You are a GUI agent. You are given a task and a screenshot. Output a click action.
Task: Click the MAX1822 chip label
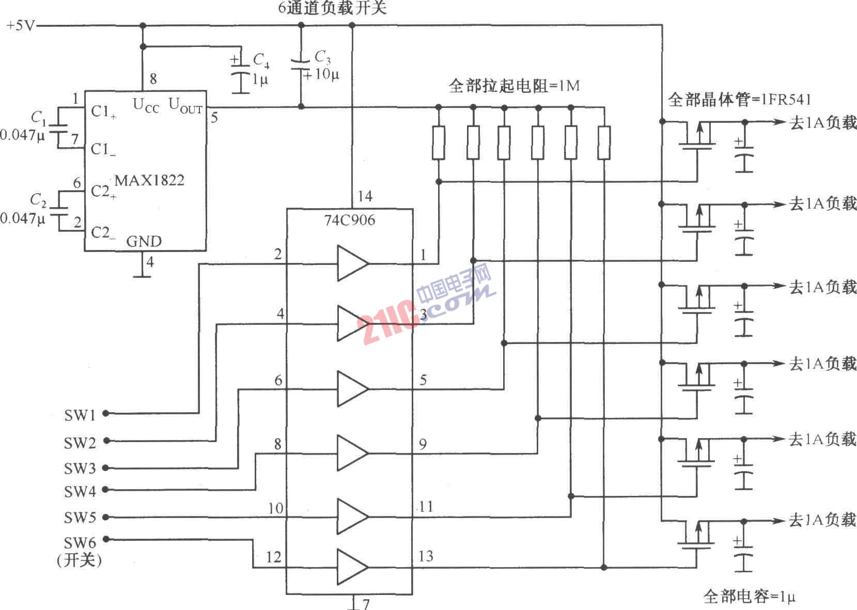[149, 180]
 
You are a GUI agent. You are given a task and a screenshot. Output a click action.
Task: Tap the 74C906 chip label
[350, 220]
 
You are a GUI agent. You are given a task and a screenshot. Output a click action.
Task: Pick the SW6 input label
[80, 543]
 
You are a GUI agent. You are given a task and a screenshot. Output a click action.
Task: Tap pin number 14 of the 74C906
[365, 196]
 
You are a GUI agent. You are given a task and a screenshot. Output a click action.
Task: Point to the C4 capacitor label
[261, 61]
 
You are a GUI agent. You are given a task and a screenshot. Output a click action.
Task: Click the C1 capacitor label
[38, 118]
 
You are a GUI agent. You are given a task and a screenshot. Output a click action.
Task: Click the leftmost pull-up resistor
[439, 143]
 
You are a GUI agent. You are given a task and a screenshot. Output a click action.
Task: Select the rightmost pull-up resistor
[604, 143]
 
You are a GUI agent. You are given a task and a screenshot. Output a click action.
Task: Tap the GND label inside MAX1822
[144, 241]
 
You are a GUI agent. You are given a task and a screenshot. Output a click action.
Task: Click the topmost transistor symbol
[696, 137]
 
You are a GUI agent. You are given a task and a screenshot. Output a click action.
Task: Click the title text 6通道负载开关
[332, 8]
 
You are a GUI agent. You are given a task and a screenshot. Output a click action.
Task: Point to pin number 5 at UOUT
[214, 118]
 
